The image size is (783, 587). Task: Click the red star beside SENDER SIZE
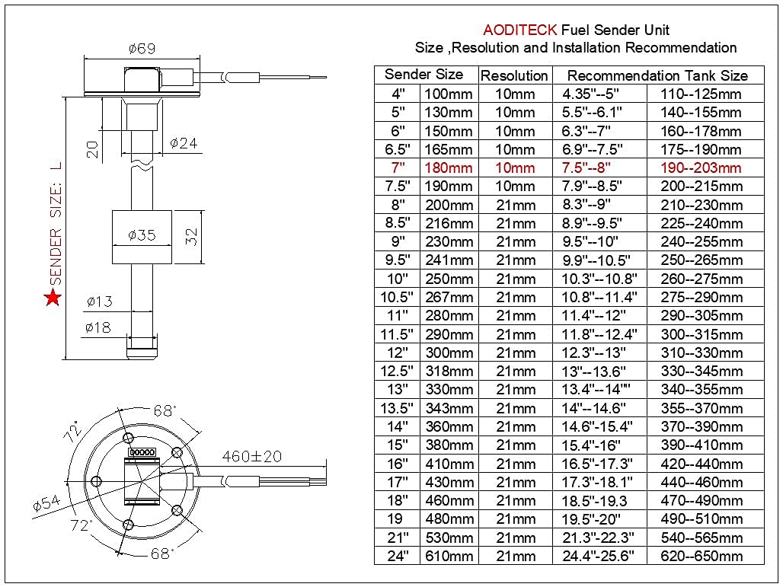coord(53,298)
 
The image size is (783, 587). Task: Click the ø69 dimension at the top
coord(142,49)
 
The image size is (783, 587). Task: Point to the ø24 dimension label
coord(184,142)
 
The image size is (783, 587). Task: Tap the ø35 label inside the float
coord(142,235)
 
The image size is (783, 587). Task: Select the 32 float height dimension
coord(191,236)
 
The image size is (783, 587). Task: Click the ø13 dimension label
coord(99,301)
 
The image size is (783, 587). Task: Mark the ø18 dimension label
coord(99,328)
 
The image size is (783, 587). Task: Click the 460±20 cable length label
coord(252,457)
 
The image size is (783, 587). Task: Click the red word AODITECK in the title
coord(519,30)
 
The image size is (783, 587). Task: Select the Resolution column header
coord(515,75)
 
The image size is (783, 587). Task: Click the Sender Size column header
coord(423,75)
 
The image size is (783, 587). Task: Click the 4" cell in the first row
coord(398,94)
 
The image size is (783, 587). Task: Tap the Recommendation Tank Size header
coord(657,75)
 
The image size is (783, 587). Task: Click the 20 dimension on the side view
coord(93,148)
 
